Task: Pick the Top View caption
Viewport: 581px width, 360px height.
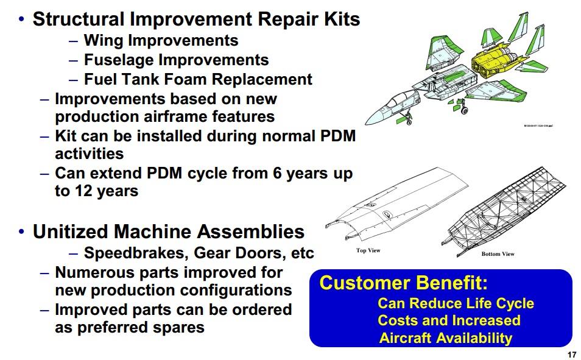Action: pos(368,250)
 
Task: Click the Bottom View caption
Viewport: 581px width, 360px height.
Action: pos(498,254)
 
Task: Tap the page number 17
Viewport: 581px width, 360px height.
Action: pos(571,355)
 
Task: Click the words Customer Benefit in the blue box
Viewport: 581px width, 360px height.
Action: pos(404,284)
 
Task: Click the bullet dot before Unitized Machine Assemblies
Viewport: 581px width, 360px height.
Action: pos(22,232)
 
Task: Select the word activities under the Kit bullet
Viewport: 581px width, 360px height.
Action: pos(89,154)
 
